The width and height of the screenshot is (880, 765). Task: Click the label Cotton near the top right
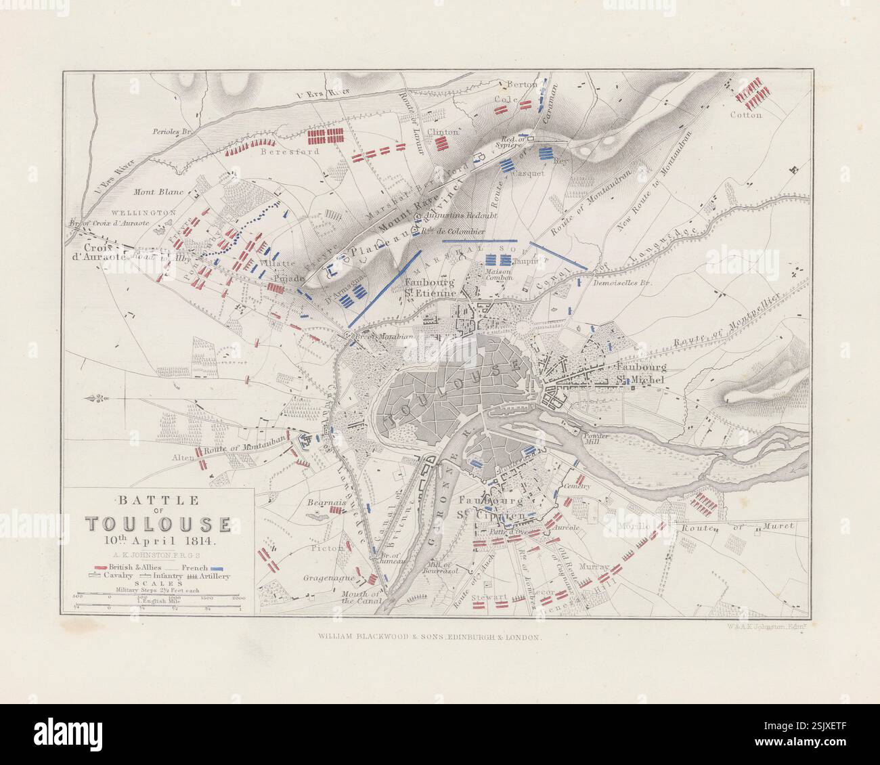[746, 115]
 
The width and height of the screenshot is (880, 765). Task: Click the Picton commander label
[328, 548]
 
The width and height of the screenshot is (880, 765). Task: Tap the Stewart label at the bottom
[492, 598]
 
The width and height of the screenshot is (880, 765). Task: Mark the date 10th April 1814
[158, 541]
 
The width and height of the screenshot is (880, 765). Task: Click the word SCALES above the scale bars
[158, 583]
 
